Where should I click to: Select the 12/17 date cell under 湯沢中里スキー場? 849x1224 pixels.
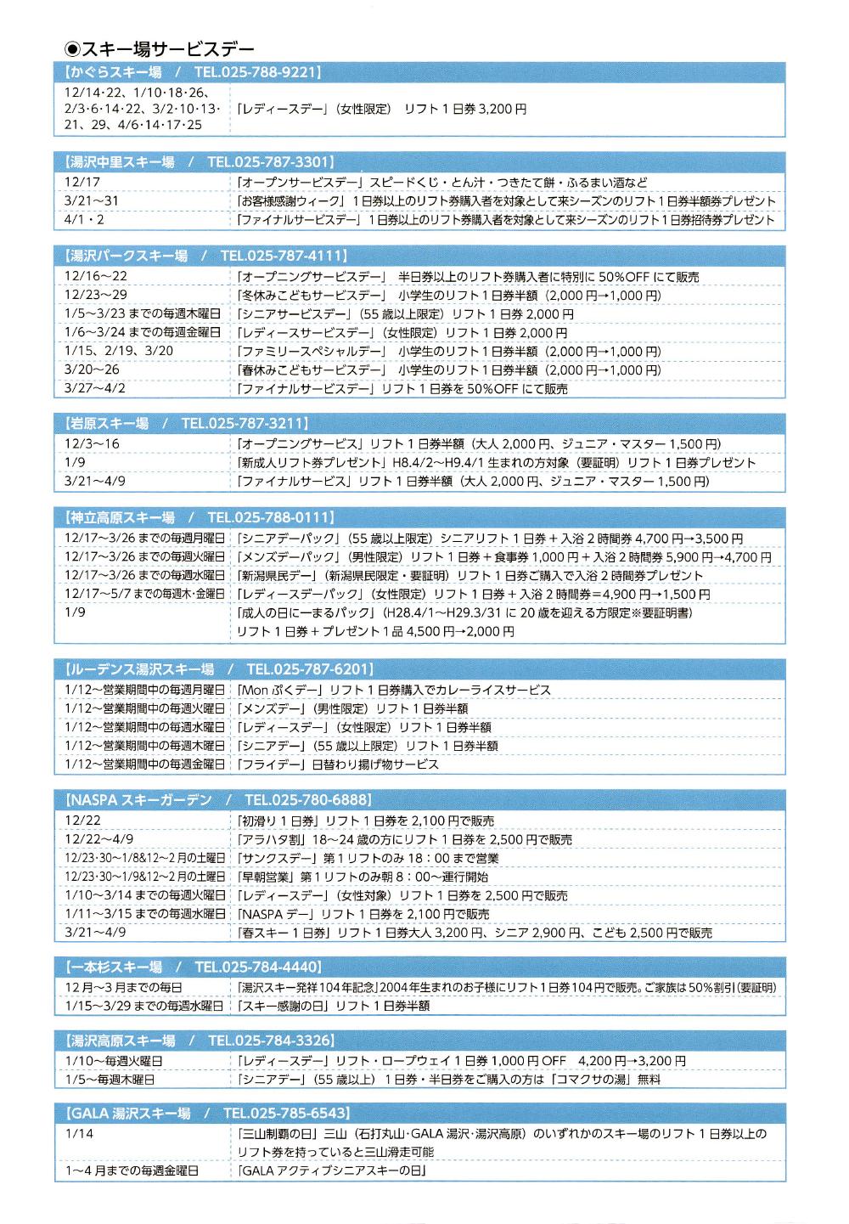pyautogui.click(x=82, y=182)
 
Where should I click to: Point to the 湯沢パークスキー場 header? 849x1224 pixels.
pyautogui.click(x=127, y=256)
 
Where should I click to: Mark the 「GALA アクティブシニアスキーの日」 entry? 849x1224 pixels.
pyautogui.click(x=332, y=1170)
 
